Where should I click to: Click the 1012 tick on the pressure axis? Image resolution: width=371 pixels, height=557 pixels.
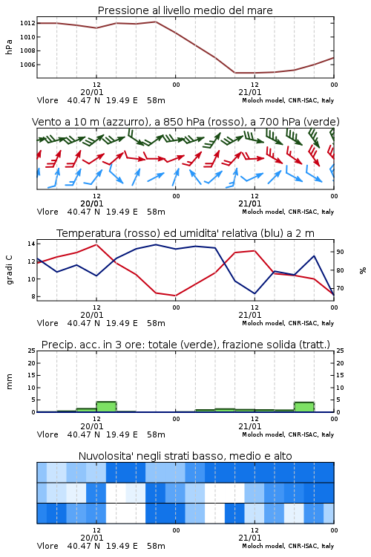(27, 24)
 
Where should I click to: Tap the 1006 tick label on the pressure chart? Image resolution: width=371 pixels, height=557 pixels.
(27, 65)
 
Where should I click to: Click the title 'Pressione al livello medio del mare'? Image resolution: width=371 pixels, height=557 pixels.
(185, 10)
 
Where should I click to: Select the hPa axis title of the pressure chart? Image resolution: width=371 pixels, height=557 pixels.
(9, 47)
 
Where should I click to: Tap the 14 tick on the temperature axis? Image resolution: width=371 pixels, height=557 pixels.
(31, 244)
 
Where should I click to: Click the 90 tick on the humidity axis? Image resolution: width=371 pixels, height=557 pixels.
(340, 252)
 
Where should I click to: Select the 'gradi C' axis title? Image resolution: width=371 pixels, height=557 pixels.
(9, 270)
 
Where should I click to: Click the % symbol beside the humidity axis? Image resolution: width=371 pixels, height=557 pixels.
(363, 270)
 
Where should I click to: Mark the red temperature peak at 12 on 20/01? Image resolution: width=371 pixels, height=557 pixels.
(96, 244)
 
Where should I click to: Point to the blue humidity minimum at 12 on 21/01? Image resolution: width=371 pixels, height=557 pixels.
(255, 293)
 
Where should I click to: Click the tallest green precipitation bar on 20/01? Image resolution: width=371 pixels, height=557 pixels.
(106, 407)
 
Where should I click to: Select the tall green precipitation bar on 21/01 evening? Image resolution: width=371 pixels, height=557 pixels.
(304, 407)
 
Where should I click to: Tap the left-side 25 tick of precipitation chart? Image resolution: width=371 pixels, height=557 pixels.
(32, 351)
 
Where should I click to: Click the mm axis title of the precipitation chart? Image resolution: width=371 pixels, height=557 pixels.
(9, 382)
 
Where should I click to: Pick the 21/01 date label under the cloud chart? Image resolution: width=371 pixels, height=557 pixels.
(250, 538)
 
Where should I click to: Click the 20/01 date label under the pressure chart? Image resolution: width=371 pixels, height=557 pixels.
(92, 92)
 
